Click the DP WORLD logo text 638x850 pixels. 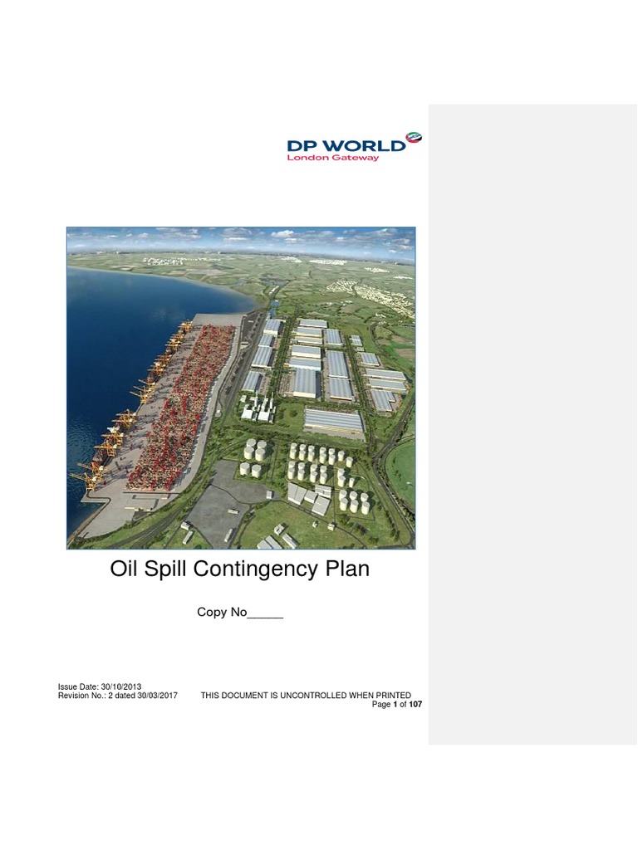[x=346, y=144]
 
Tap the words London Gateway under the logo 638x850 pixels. [x=332, y=158]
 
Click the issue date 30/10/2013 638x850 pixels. [x=121, y=686]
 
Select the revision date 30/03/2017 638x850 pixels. [x=157, y=695]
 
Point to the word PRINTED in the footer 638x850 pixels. [x=392, y=695]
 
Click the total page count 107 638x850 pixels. [x=415, y=704]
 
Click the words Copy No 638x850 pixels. [x=222, y=613]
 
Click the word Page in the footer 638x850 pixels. [x=380, y=704]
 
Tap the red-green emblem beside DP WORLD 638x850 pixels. [x=414, y=139]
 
